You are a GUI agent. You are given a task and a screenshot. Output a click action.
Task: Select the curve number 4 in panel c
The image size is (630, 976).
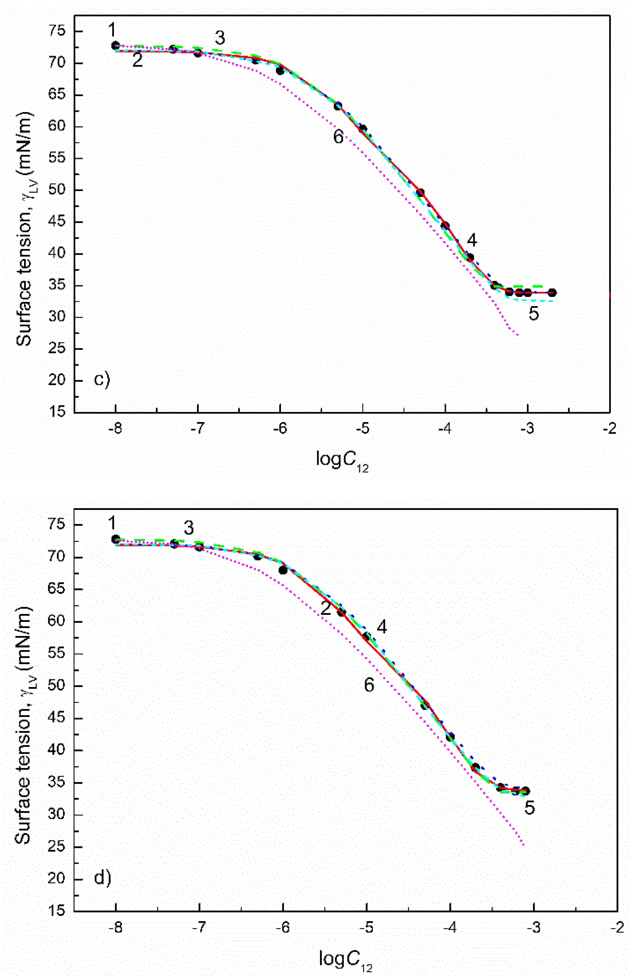[x=472, y=241]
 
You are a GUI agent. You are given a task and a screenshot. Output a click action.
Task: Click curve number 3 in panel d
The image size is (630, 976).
[x=188, y=529]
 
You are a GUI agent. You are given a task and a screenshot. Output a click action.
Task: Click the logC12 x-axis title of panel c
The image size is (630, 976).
[x=342, y=461]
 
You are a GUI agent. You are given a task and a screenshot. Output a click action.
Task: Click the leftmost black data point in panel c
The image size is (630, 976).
[x=115, y=45]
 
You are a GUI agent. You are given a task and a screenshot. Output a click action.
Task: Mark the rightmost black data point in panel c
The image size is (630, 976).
[x=552, y=292]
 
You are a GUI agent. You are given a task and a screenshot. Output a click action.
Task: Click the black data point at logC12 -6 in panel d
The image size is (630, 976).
[x=283, y=570]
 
